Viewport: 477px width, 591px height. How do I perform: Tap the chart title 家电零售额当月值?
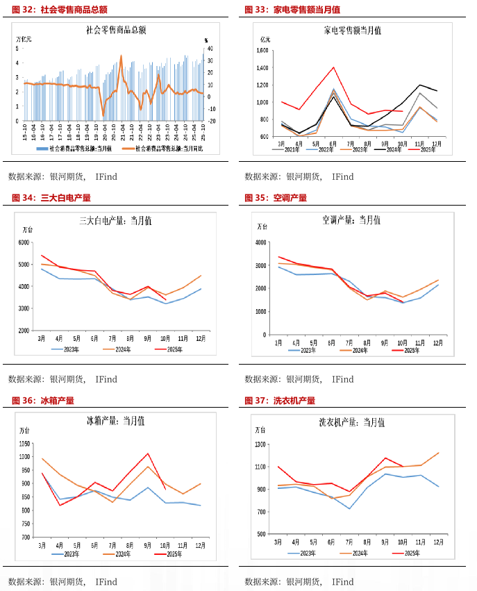point(352,31)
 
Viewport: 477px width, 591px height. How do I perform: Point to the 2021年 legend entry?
point(287,149)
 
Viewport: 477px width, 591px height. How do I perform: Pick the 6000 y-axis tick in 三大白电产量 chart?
point(24,242)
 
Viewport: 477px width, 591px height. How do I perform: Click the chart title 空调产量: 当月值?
point(351,220)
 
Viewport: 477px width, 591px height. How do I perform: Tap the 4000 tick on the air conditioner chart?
point(261,242)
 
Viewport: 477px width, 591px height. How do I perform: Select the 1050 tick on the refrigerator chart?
point(24,444)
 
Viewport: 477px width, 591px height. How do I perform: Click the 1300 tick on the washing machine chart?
point(261,444)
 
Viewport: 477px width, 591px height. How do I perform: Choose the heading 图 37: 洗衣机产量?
point(280,401)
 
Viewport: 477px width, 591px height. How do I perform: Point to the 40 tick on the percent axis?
point(210,49)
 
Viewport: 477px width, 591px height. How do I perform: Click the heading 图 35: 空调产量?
point(276,198)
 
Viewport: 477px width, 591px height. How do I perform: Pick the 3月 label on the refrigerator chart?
point(42,546)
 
